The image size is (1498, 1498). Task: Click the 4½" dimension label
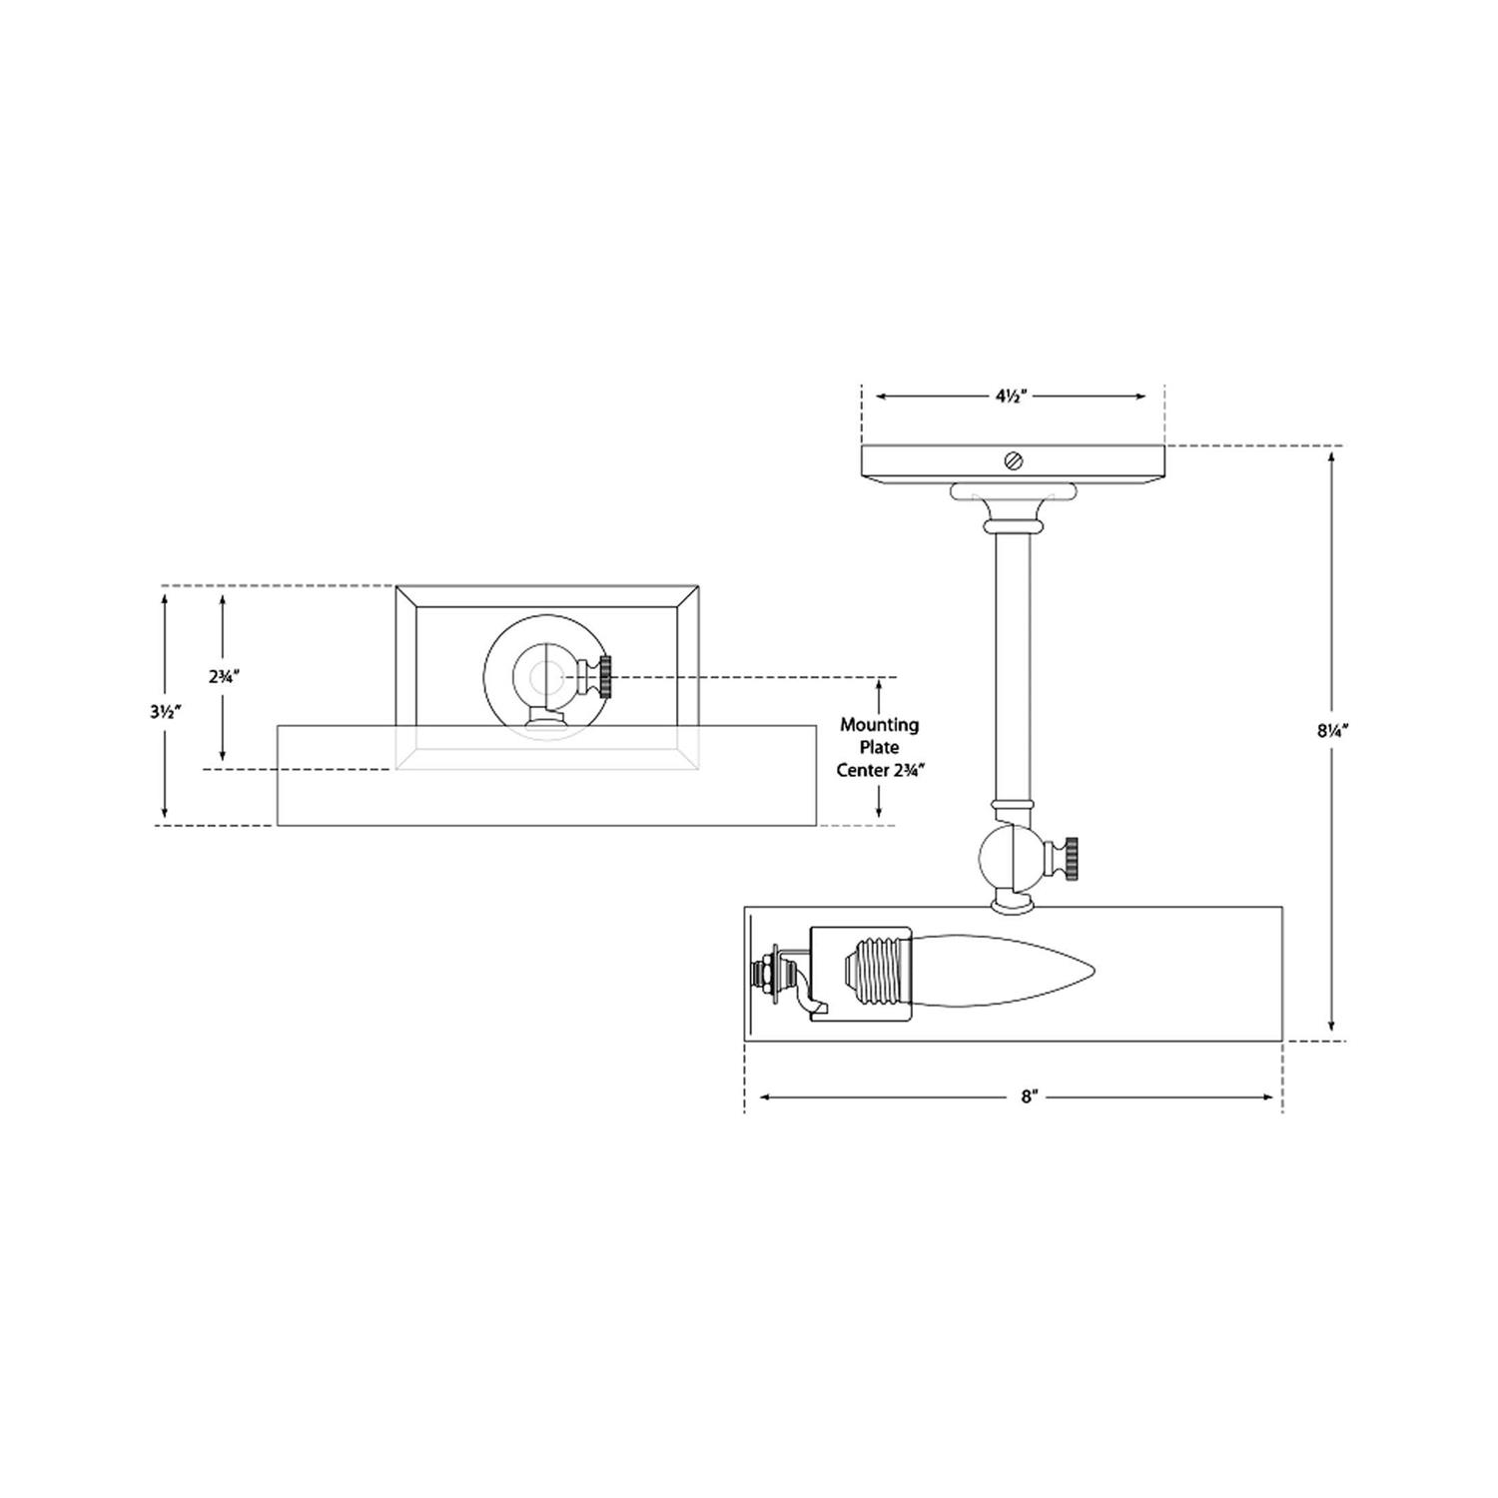click(x=1012, y=396)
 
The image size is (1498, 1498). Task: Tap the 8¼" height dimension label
click(x=1332, y=730)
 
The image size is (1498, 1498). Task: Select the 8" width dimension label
click(x=1030, y=1097)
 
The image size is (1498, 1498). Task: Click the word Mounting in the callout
click(x=879, y=725)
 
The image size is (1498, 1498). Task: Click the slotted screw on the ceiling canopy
click(x=1014, y=460)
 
